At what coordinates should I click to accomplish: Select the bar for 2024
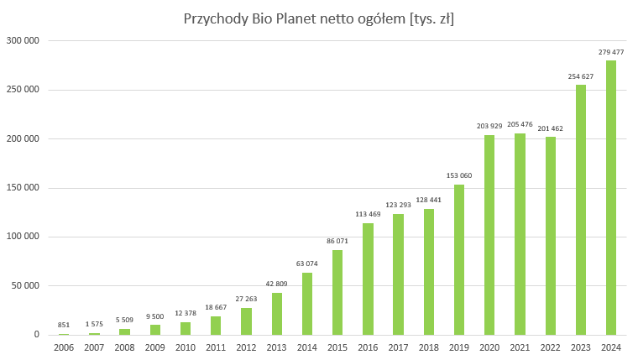point(611,197)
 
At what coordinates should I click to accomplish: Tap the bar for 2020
point(489,234)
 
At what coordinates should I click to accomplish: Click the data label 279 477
point(611,52)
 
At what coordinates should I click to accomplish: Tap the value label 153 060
point(459,176)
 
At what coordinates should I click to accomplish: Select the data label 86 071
point(337,242)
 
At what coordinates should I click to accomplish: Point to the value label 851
point(64,326)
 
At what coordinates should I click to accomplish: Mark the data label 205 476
point(520,125)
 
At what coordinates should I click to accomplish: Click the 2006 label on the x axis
point(64,347)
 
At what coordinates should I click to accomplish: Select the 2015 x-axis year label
point(337,347)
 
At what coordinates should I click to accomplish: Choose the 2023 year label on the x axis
point(581,347)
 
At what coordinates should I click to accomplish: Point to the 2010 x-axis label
point(186,347)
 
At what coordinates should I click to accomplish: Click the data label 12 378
point(186,314)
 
